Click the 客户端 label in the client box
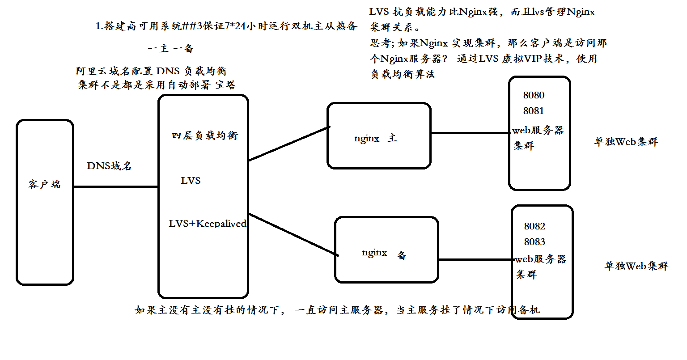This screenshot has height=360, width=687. coord(44,184)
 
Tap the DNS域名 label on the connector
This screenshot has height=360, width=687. coord(109,166)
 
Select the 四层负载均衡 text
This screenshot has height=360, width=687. coord(205,136)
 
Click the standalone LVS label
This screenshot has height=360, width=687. coord(191,181)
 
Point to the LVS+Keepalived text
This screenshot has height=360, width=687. coord(207,224)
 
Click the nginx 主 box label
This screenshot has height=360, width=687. coord(375,138)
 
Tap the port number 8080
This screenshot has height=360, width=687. coord(534,95)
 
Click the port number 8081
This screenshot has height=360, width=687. coord(534,111)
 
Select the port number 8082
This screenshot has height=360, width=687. coord(534,226)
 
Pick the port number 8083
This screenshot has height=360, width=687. coord(534,242)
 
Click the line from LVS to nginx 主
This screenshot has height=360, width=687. coord(289,144)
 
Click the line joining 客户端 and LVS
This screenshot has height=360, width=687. coord(116,186)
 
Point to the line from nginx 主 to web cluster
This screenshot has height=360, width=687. coord(470,133)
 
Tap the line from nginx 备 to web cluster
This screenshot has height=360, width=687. coord(475,259)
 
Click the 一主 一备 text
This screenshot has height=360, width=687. coord(171,48)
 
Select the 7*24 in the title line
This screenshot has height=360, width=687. coord(233,26)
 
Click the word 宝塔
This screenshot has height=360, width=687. coord(225,85)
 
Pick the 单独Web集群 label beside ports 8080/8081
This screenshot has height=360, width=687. coord(626,142)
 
